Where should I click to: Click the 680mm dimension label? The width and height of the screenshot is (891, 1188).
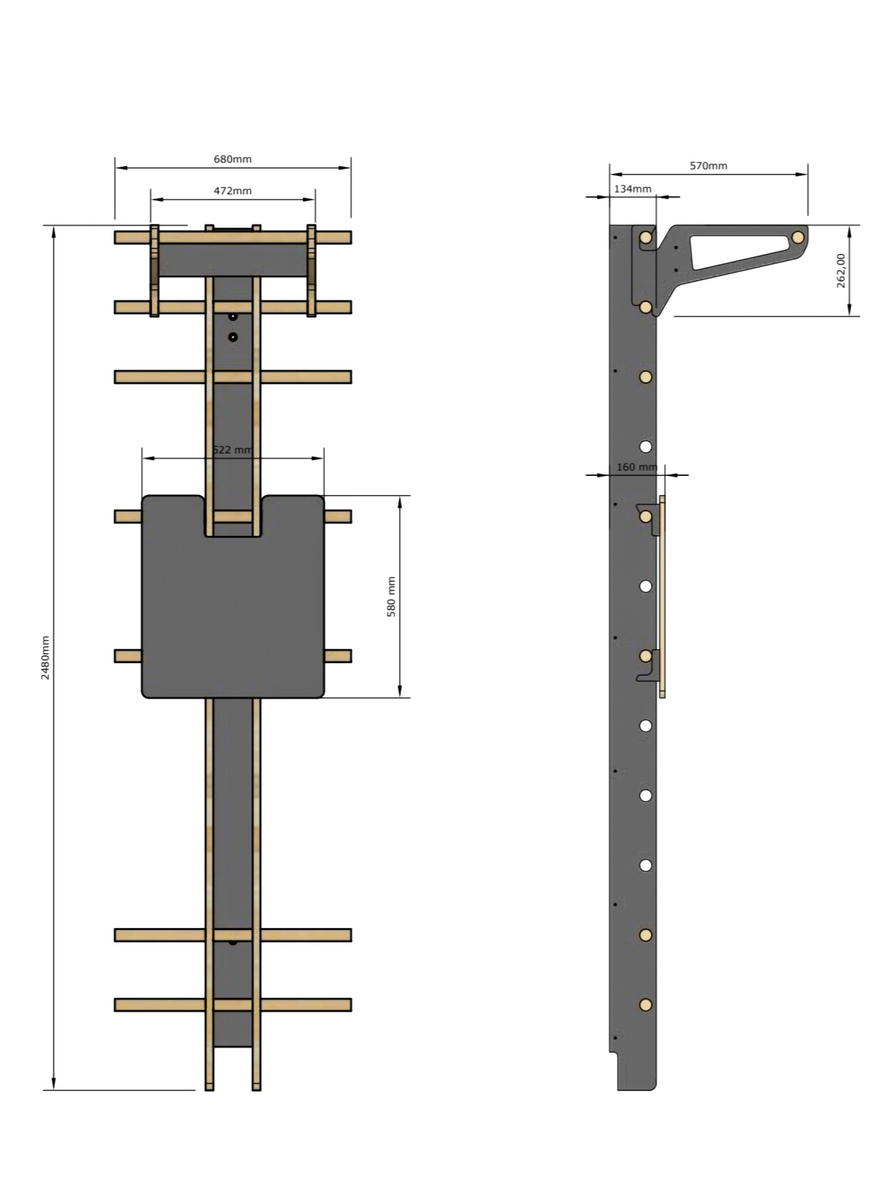[x=233, y=159]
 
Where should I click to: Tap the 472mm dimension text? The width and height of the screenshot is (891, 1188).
[x=233, y=191]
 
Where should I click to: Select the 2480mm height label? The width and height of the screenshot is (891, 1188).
[x=46, y=658]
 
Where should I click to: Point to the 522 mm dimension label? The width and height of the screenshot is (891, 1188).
[x=233, y=449]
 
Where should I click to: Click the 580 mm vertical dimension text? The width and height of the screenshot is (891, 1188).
[x=391, y=597]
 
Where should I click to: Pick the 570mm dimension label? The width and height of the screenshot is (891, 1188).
[x=709, y=166]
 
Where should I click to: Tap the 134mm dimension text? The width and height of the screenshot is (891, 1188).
[x=632, y=188]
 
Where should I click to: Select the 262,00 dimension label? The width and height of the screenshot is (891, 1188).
[x=841, y=270]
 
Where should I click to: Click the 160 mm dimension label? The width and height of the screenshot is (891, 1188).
[x=637, y=467]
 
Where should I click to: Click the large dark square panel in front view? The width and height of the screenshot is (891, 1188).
[x=233, y=612]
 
